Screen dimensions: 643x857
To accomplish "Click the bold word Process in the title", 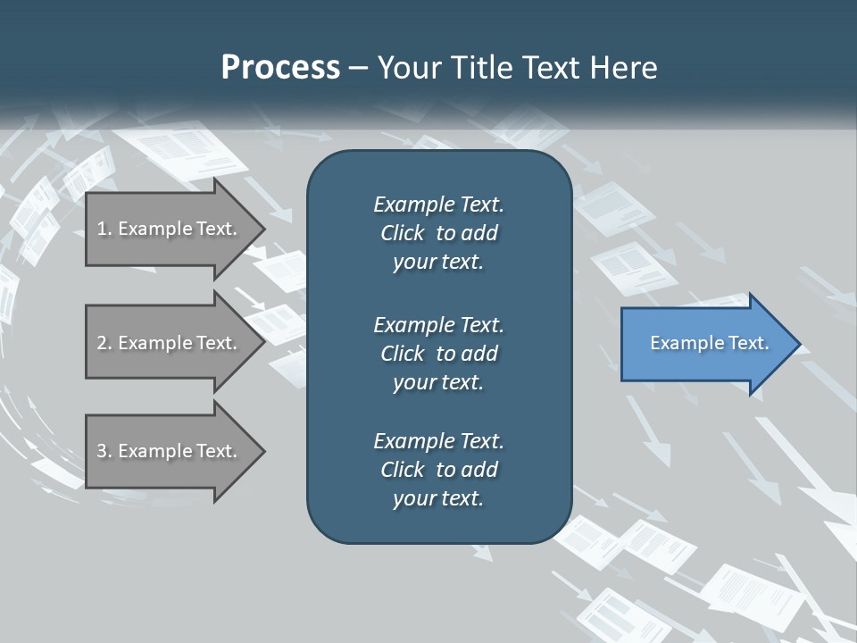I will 280,68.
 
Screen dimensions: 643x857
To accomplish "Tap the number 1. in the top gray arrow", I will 104,229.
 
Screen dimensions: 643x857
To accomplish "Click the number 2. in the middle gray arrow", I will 104,343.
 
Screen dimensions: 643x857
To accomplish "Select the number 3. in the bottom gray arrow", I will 104,451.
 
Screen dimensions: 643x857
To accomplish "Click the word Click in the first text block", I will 403,233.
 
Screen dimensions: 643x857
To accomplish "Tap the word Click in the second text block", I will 403,354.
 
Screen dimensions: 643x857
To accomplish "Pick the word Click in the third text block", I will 403,470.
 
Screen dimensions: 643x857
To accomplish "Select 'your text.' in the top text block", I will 438,263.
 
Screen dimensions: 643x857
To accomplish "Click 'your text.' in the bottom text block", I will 438,499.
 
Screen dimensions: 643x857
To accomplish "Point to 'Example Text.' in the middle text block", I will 438,324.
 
